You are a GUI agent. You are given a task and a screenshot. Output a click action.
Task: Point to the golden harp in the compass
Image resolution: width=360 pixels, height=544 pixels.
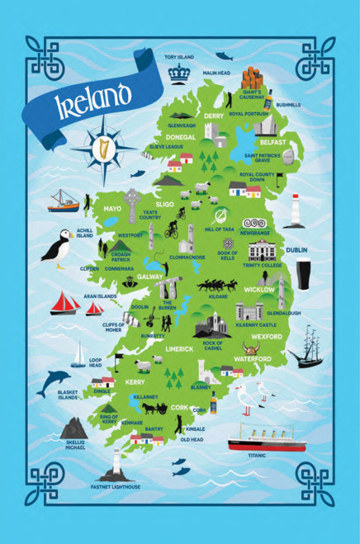pos(104,149)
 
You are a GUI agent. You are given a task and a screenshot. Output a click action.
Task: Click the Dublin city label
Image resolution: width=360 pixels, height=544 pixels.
pos(297,249)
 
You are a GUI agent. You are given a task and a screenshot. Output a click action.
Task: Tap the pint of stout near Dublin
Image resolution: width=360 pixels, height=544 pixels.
pos(303,274)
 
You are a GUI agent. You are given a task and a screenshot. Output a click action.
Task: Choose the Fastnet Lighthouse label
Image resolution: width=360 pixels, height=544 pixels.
pos(116,487)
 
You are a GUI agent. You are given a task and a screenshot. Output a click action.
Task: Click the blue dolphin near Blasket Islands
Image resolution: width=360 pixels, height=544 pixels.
pos(56,380)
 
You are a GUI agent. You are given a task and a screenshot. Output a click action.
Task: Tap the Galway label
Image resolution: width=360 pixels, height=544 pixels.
pos(151,277)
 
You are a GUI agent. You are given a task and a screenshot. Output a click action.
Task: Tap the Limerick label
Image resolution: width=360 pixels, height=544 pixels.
pos(179,348)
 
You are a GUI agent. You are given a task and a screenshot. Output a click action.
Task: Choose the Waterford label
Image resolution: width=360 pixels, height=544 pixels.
pos(253,359)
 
